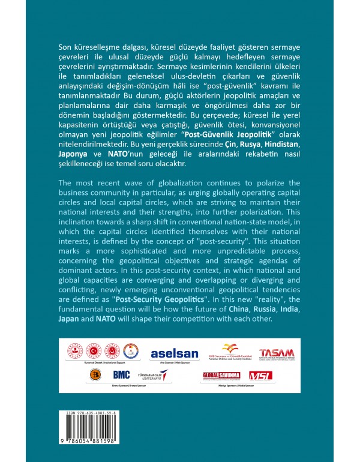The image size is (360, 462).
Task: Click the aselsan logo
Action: click(171, 354)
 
